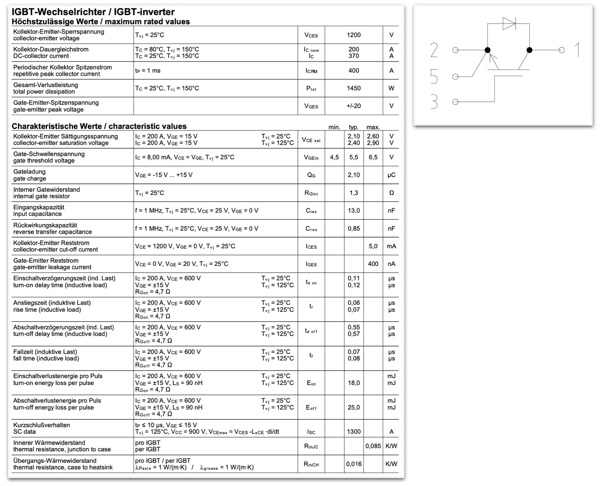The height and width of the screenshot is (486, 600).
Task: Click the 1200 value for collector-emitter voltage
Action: point(353,35)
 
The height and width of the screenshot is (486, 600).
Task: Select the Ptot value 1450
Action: point(353,88)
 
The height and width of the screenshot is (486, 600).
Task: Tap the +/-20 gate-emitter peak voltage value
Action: point(353,106)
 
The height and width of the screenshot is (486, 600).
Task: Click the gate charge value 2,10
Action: point(353,175)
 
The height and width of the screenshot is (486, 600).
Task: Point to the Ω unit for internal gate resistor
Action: point(391,193)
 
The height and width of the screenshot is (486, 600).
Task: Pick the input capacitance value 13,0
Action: point(353,211)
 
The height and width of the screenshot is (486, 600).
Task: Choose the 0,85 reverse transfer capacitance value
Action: point(353,229)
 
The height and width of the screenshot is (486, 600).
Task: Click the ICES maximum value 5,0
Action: point(373,246)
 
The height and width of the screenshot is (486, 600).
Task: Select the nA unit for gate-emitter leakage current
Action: point(391,264)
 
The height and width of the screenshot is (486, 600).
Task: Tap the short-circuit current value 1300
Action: point(353,432)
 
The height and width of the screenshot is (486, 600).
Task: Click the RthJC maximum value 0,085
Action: point(373,446)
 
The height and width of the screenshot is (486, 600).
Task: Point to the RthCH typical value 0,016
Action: point(353,464)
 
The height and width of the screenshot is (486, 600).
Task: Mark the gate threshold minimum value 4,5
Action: point(334,157)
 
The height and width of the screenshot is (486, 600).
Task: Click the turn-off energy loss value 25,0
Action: point(353,407)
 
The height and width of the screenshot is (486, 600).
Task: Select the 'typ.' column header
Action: point(353,127)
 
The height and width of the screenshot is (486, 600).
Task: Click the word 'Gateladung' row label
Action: point(29,172)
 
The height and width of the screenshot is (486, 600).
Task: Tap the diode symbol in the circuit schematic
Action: point(509,23)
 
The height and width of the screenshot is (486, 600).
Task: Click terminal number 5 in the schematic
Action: point(434,76)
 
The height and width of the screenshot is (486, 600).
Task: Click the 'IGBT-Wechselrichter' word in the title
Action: point(58,12)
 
